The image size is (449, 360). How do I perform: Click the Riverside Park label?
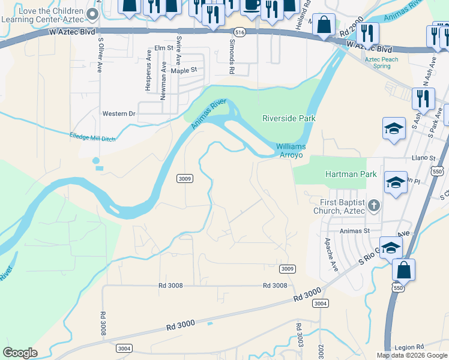point(289,118)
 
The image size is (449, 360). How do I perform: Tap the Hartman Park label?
point(351,174)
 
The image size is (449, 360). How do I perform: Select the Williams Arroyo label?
point(291,151)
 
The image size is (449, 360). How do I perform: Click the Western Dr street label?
point(119,113)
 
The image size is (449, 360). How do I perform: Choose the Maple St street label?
point(184,70)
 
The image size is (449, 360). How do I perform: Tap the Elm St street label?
point(163,47)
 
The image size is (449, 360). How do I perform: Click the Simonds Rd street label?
point(232,57)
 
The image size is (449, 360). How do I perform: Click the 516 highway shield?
point(240,32)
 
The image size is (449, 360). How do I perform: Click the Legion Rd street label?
point(409,347)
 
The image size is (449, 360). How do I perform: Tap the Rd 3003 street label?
point(298,336)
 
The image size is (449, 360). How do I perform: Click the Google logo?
point(20,353)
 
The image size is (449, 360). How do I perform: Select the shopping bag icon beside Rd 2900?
point(324,26)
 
